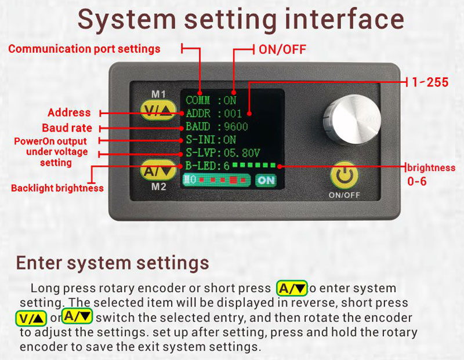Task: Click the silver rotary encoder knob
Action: pyautogui.click(x=351, y=121)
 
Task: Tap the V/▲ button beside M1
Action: pyautogui.click(x=158, y=111)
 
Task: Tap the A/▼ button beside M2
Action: pyautogui.click(x=158, y=170)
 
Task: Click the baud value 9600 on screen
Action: pyautogui.click(x=236, y=126)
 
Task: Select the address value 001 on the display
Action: pyautogui.click(x=233, y=114)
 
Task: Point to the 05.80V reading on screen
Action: pyautogui.click(x=242, y=153)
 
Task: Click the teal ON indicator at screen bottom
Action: pyautogui.click(x=266, y=180)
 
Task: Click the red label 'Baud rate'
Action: pyautogui.click(x=67, y=128)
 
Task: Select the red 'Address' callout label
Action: pyautogui.click(x=69, y=112)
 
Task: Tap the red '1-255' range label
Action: pyautogui.click(x=430, y=82)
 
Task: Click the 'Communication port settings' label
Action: pyautogui.click(x=84, y=49)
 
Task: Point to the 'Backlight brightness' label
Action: pyautogui.click(x=57, y=188)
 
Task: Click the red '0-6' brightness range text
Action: pyautogui.click(x=416, y=181)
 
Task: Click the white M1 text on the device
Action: pyautogui.click(x=158, y=94)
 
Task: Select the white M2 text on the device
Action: pyautogui.click(x=158, y=187)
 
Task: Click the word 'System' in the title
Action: pyautogui.click(x=127, y=20)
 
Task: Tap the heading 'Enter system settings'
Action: pyautogui.click(x=113, y=263)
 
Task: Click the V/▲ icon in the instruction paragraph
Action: pyautogui.click(x=31, y=318)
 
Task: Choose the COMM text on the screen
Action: pyautogui.click(x=198, y=100)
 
